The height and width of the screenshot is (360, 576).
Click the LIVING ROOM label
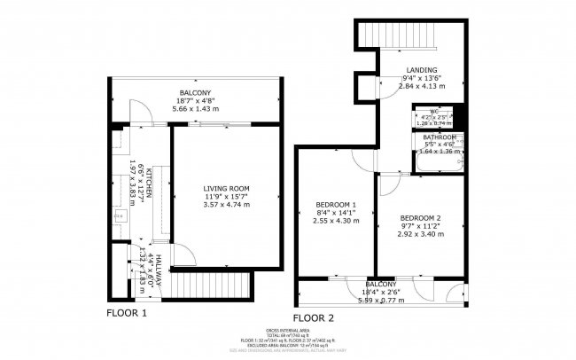226,188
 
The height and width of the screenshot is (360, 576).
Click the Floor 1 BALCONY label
195,93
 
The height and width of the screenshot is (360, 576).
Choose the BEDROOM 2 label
420,218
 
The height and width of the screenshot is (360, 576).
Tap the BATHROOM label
439,138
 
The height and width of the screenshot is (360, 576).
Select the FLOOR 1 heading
126,313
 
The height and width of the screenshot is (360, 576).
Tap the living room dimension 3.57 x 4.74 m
226,205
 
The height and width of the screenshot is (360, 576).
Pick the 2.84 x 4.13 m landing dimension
421,86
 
